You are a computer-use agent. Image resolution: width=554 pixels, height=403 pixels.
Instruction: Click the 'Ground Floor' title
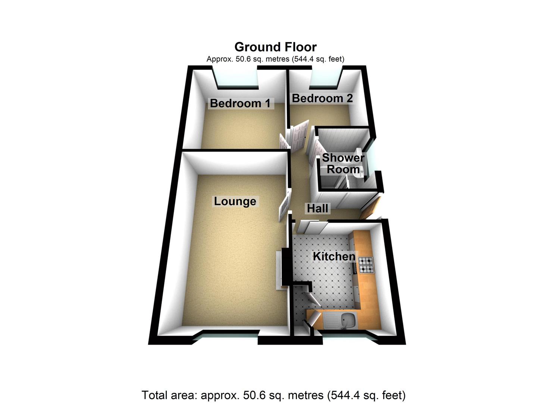[x=275, y=47]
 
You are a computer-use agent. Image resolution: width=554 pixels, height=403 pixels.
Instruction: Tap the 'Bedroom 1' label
[x=240, y=103]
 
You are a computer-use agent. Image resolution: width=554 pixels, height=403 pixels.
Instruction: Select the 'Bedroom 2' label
[x=322, y=98]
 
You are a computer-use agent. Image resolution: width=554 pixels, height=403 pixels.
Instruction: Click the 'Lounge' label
[x=235, y=201]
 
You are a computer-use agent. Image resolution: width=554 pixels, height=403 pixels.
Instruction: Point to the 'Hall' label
[x=317, y=208]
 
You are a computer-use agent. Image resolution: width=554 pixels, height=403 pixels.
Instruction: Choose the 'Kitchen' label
[x=334, y=256]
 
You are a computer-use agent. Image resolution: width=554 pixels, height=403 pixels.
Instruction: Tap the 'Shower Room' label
[x=343, y=163]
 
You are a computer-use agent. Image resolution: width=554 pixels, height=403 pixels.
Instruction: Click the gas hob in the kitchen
[x=365, y=265]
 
